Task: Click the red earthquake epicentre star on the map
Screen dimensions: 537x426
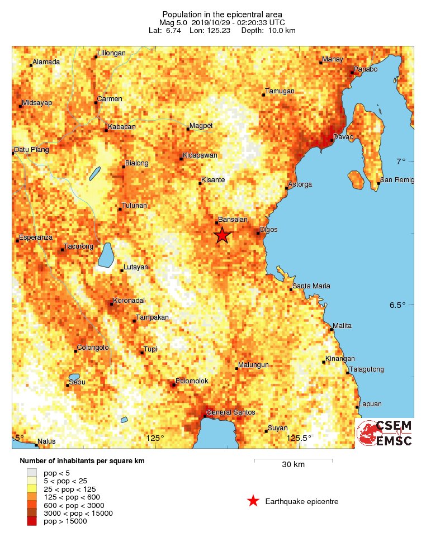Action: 222,235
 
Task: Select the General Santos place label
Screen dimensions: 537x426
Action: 231,412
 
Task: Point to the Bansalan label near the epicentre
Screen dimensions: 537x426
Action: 233,220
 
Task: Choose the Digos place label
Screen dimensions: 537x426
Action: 268,230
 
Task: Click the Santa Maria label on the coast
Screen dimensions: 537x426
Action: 311,286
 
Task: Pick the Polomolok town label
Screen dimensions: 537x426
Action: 192,381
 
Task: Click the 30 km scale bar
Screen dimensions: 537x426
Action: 293,460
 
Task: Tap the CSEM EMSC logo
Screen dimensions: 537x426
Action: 385,433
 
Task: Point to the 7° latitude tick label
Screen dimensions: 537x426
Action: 401,161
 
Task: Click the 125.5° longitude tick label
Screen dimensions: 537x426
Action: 299,438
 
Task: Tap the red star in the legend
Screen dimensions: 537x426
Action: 253,501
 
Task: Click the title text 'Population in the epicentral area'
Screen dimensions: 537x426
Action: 222,14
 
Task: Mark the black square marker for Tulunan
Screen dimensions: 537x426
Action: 120,209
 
